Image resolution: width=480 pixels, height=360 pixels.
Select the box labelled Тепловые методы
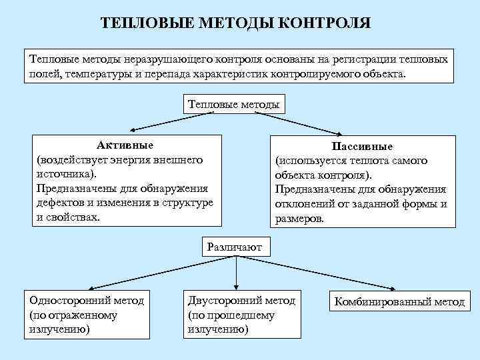233,104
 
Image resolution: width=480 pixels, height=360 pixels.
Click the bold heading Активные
125,145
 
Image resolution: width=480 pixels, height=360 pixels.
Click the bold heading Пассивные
363,147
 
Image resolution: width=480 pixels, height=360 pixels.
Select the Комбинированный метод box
399,302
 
